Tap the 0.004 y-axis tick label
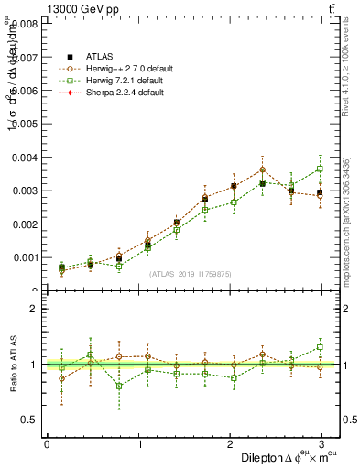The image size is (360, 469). (x=22, y=158)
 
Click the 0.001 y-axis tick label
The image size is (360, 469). (x=22, y=257)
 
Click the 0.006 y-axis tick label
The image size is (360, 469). (x=22, y=91)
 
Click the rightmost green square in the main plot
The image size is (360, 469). (x=320, y=169)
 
